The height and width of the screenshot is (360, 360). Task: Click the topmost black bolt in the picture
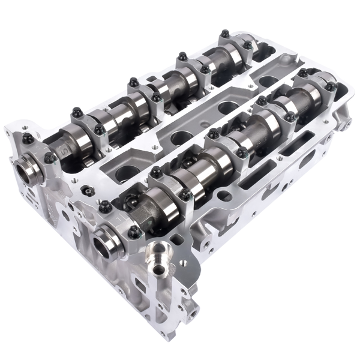225,34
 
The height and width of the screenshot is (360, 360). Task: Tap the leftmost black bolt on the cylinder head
28,139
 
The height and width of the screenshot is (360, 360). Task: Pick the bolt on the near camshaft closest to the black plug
106,207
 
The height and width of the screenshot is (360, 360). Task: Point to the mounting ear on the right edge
346,123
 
